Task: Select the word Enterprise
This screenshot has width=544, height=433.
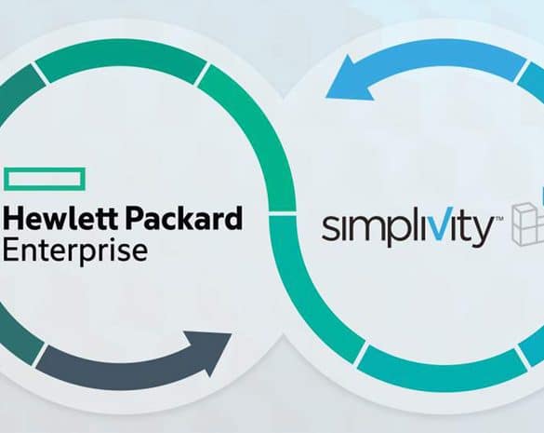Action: pos(75,250)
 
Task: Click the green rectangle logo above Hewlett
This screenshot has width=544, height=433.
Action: pos(45,179)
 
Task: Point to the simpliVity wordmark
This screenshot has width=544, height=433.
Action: pos(408,228)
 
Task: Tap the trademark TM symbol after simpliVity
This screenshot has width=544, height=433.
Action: pos(498,219)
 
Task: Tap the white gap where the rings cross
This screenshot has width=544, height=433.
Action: pos(283,213)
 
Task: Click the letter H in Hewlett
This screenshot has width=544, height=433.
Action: pos(14,218)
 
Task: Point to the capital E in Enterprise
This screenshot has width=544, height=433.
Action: pos(10,250)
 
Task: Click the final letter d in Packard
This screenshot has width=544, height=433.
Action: pos(232,218)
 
